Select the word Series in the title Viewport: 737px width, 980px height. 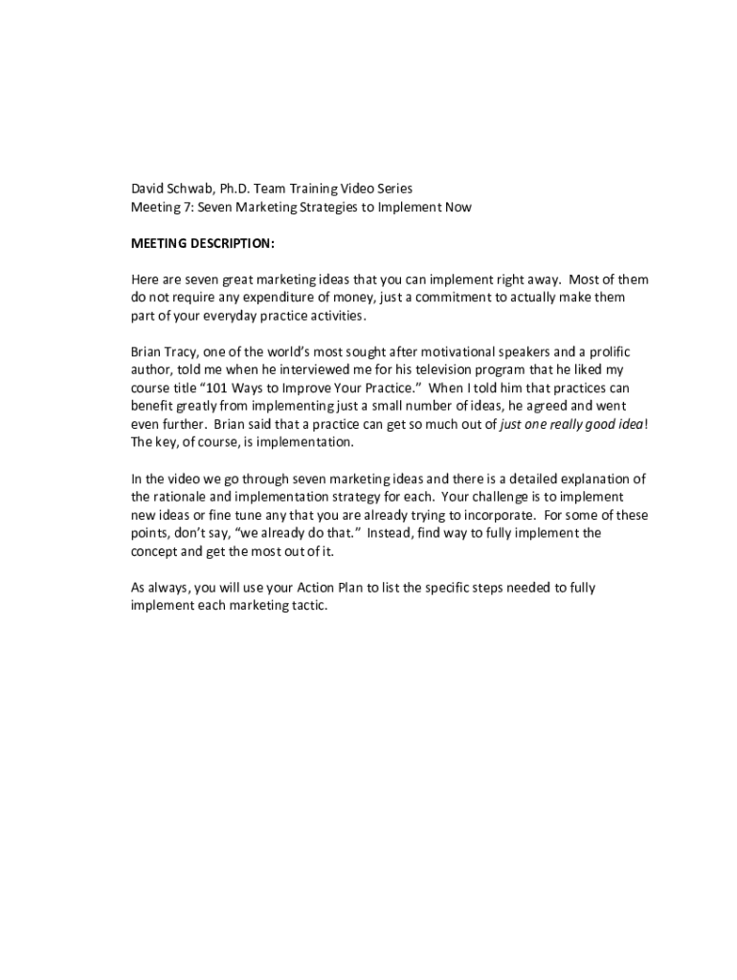(392, 189)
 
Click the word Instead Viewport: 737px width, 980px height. (393, 533)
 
